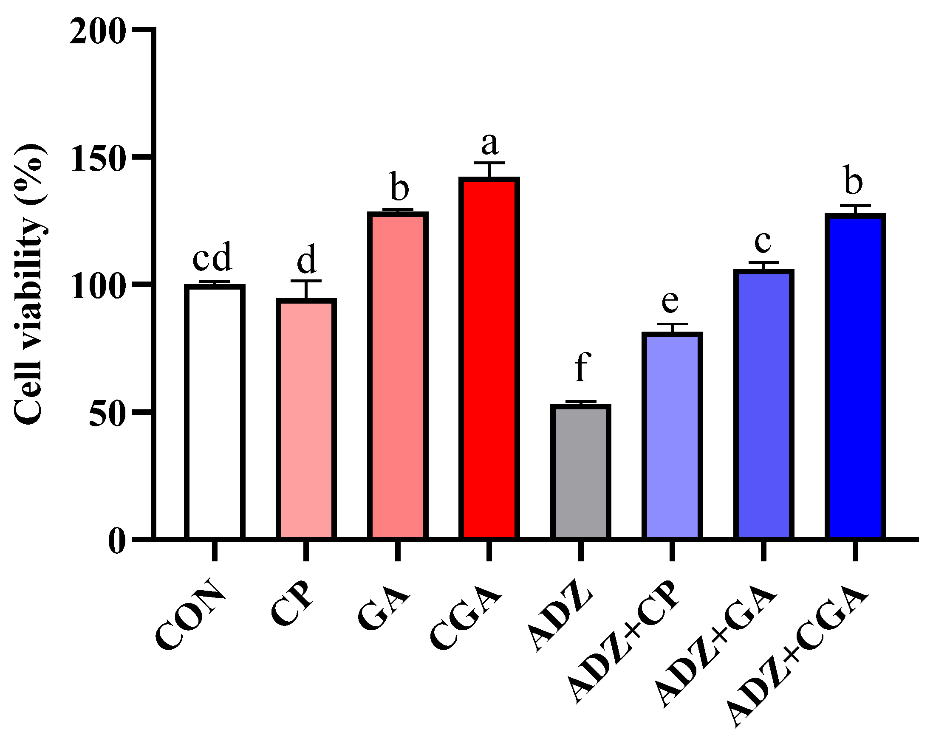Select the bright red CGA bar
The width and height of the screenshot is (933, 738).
click(x=489, y=359)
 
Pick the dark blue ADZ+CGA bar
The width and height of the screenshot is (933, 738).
click(x=855, y=376)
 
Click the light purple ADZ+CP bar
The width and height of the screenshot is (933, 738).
click(x=672, y=437)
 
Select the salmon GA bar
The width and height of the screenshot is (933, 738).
click(x=397, y=376)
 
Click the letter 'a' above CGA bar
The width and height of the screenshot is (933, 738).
click(x=490, y=144)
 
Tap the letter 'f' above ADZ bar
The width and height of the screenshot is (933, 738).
click(x=582, y=367)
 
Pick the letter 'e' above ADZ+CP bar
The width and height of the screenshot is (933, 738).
click(x=670, y=301)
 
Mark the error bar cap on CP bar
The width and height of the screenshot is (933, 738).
click(x=306, y=281)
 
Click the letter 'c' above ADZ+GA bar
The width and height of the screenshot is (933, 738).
click(x=763, y=242)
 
